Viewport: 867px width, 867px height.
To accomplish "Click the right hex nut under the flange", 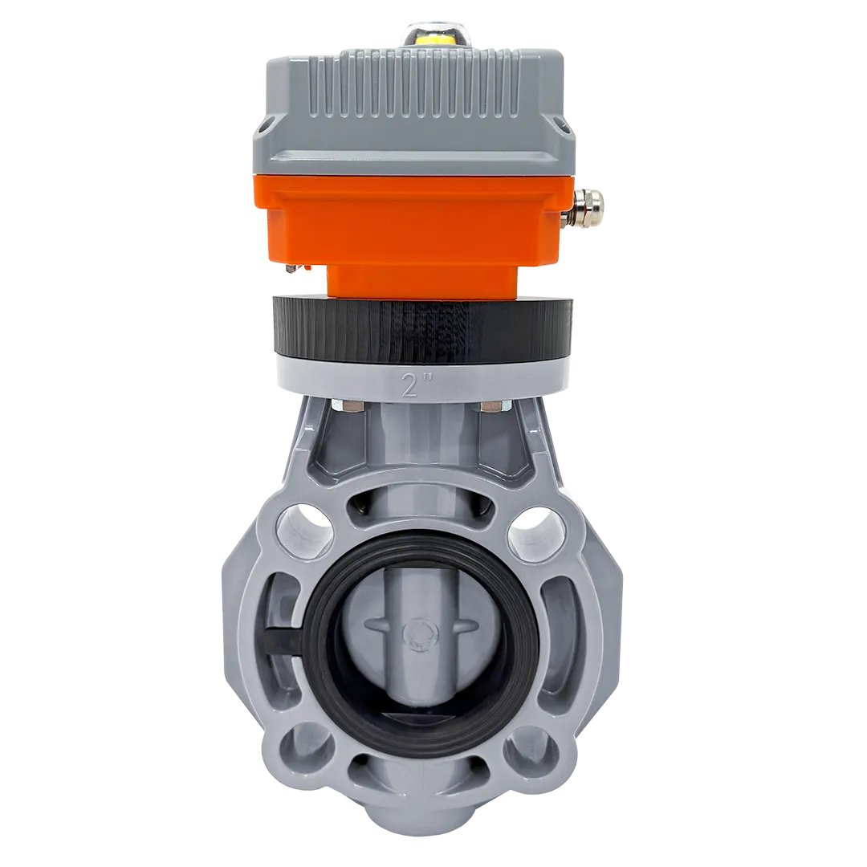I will pos(494,408).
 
